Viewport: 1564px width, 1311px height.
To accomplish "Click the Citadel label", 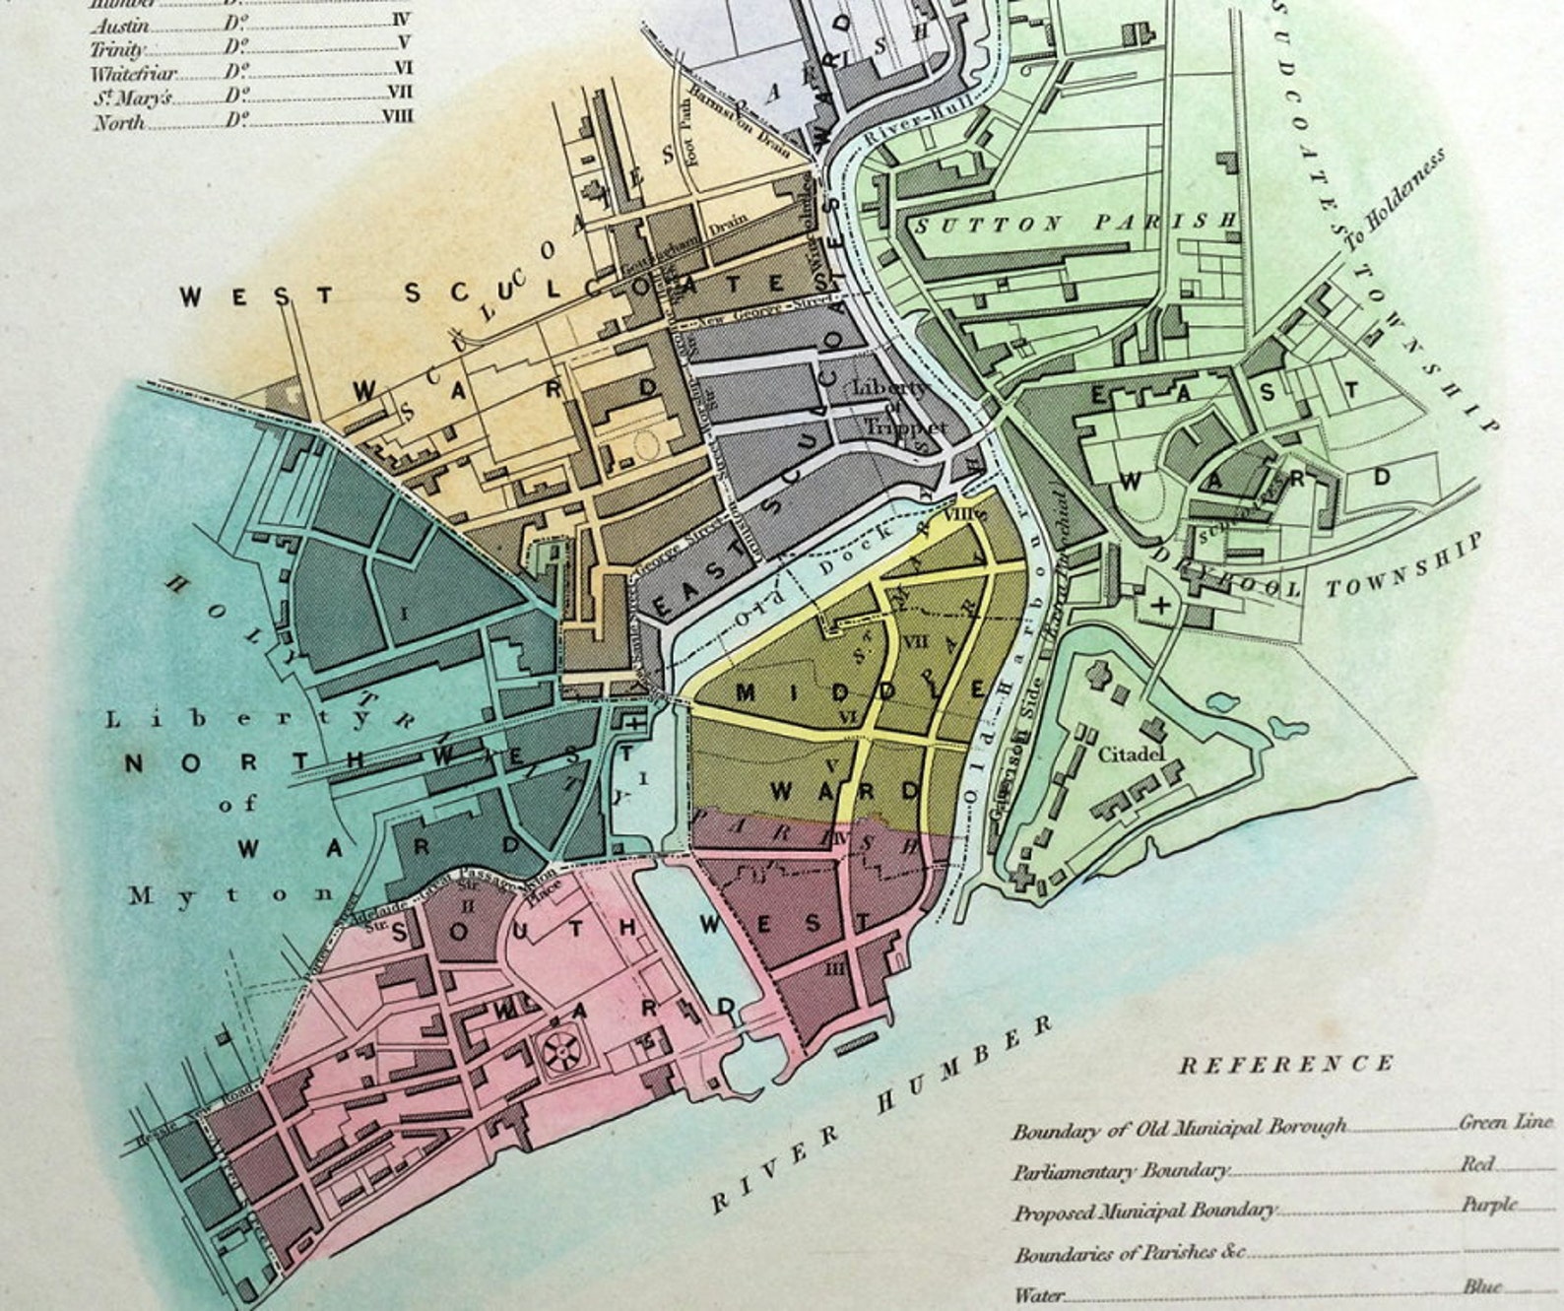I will pos(1132,754).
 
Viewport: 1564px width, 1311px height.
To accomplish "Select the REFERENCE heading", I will pos(1286,1064).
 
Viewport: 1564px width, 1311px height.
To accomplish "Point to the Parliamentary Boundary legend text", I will pos(1121,1171).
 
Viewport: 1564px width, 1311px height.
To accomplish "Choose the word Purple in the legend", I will pos(1488,1205).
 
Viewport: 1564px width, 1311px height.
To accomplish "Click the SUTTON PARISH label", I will pos(1075,224).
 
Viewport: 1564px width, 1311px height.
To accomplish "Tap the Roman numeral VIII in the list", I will pos(397,117).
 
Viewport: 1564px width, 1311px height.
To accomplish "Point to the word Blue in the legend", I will pos(1481,1286).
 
